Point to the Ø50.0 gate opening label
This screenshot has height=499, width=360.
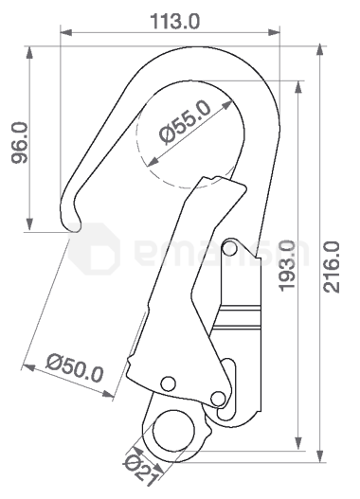tap(75, 366)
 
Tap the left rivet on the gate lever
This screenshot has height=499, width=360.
tap(168, 383)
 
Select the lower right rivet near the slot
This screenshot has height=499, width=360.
tap(217, 397)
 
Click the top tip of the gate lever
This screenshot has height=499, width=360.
tap(205, 180)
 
